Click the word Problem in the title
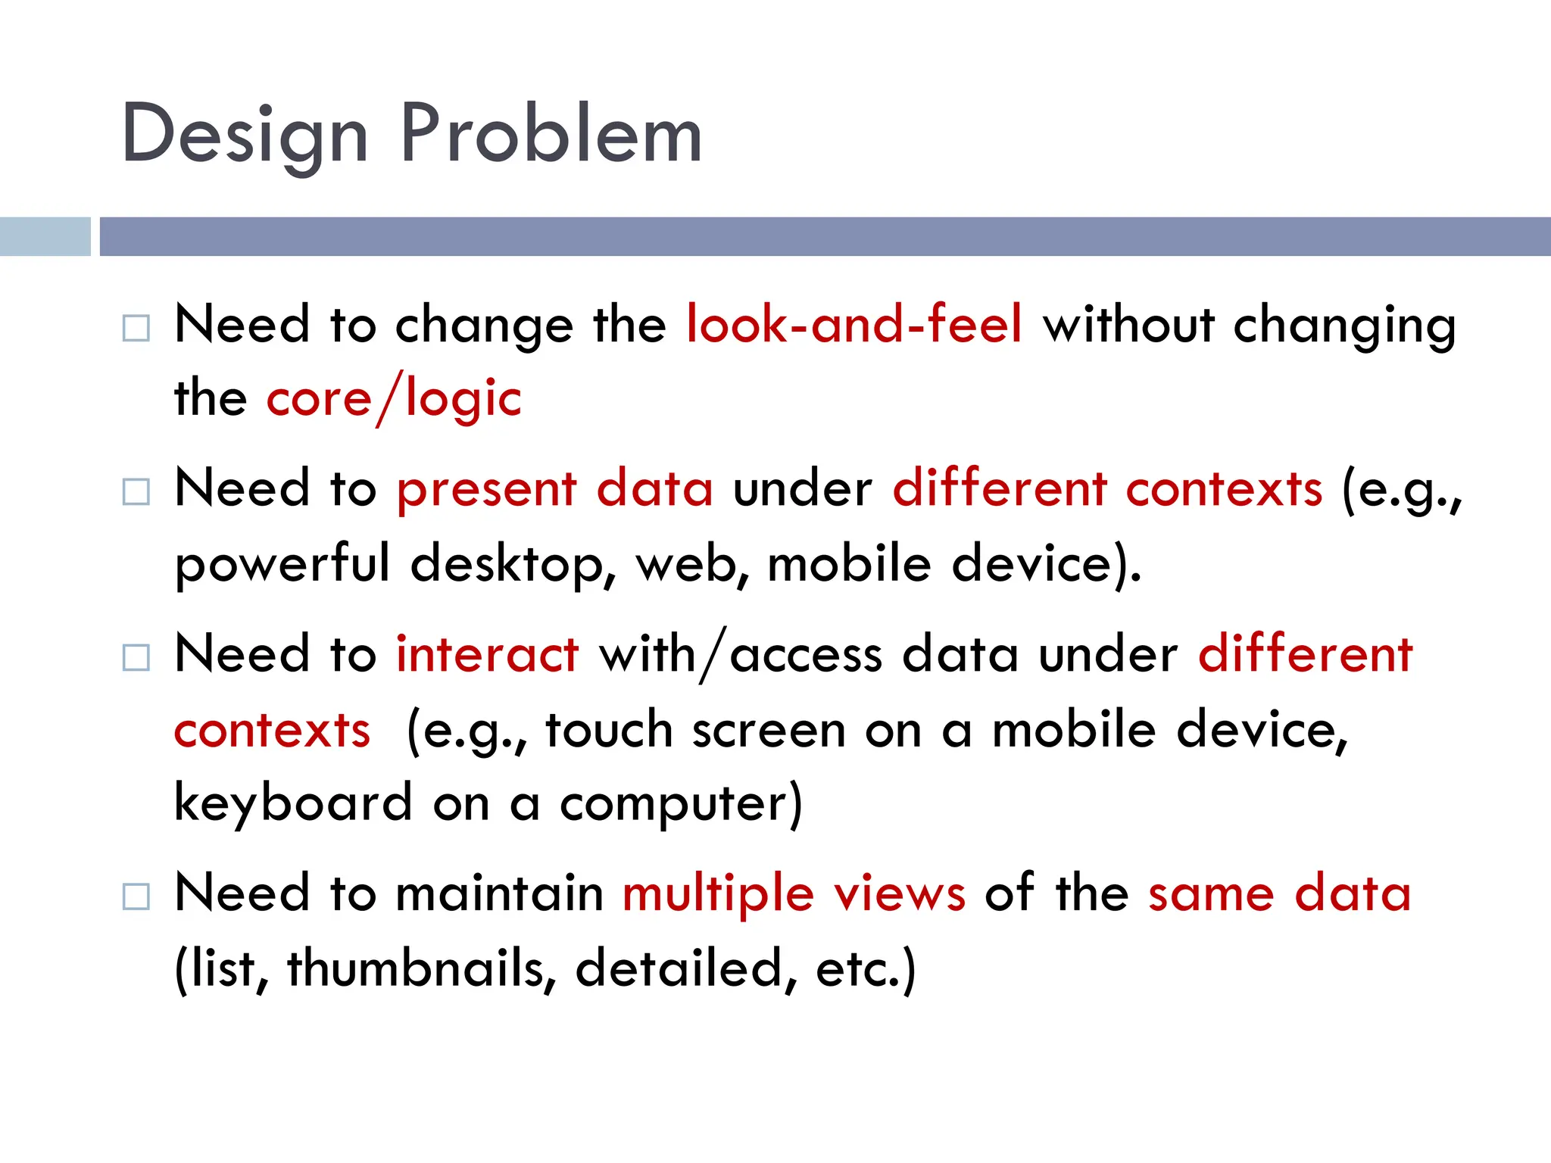pyautogui.click(x=551, y=134)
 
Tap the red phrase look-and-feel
pyautogui.click(x=854, y=325)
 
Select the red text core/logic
pyautogui.click(x=394, y=399)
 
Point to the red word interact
pyautogui.click(x=487, y=655)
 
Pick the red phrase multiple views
pyautogui.click(x=794, y=894)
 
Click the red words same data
pyautogui.click(x=1279, y=894)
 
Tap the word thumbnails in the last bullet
pyautogui.click(x=421, y=969)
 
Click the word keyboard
pyautogui.click(x=294, y=803)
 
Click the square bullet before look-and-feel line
pyautogui.click(x=136, y=328)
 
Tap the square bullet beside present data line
pyautogui.click(x=136, y=492)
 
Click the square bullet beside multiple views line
pyautogui.click(x=136, y=897)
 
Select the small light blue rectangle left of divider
pyautogui.click(x=45, y=236)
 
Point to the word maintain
pyautogui.click(x=499, y=894)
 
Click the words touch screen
pyautogui.click(x=694, y=731)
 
